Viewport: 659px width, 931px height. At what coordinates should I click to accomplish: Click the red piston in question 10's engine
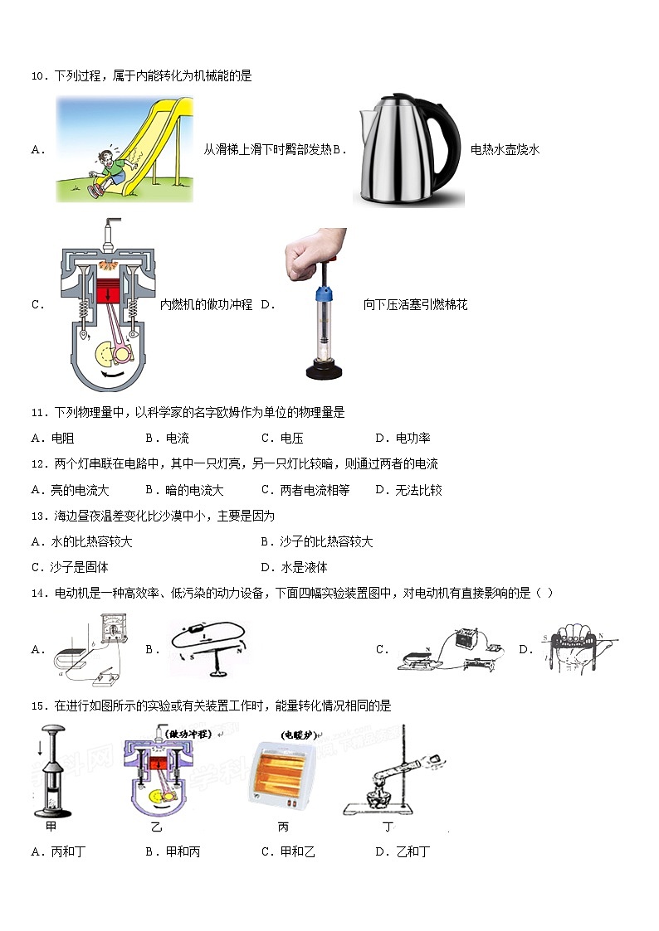[x=107, y=293]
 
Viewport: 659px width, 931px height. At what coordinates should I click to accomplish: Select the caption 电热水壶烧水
[x=505, y=150]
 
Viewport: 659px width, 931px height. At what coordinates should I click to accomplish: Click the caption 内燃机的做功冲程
[x=206, y=305]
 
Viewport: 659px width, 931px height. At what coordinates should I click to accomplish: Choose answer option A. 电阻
[x=52, y=439]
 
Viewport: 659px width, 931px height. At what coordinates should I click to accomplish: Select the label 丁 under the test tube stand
[x=388, y=827]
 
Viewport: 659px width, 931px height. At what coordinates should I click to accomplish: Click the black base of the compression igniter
[x=325, y=371]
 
